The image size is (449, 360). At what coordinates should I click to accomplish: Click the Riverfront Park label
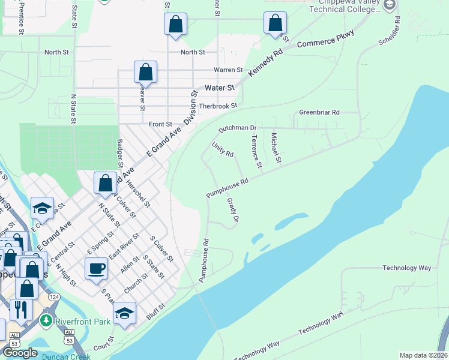point(83,322)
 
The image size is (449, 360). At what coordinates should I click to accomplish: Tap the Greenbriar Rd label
point(319,112)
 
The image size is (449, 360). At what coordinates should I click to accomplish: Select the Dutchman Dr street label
point(237,128)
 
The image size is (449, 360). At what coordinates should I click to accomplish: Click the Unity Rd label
point(222,150)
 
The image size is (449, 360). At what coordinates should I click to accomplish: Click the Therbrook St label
point(218,106)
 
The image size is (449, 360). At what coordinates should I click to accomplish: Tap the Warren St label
point(228,70)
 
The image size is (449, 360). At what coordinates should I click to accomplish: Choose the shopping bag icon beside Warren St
point(145,73)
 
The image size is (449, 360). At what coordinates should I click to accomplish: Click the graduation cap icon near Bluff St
point(124,314)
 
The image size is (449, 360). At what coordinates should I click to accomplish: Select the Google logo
point(20,353)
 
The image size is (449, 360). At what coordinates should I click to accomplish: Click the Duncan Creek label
point(66,356)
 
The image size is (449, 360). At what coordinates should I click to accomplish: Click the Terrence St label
point(256,152)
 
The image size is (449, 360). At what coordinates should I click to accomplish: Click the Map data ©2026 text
point(423,355)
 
